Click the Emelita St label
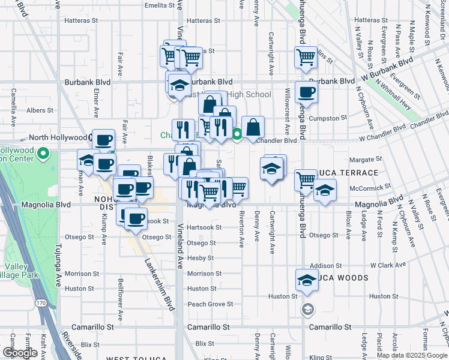point(163,5)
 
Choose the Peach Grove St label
point(209,304)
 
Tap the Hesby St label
point(200,258)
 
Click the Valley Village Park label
point(21,271)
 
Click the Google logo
point(20,352)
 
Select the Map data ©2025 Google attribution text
point(412,355)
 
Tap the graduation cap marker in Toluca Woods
point(306,281)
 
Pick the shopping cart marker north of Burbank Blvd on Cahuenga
point(306,58)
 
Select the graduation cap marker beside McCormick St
point(325,191)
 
